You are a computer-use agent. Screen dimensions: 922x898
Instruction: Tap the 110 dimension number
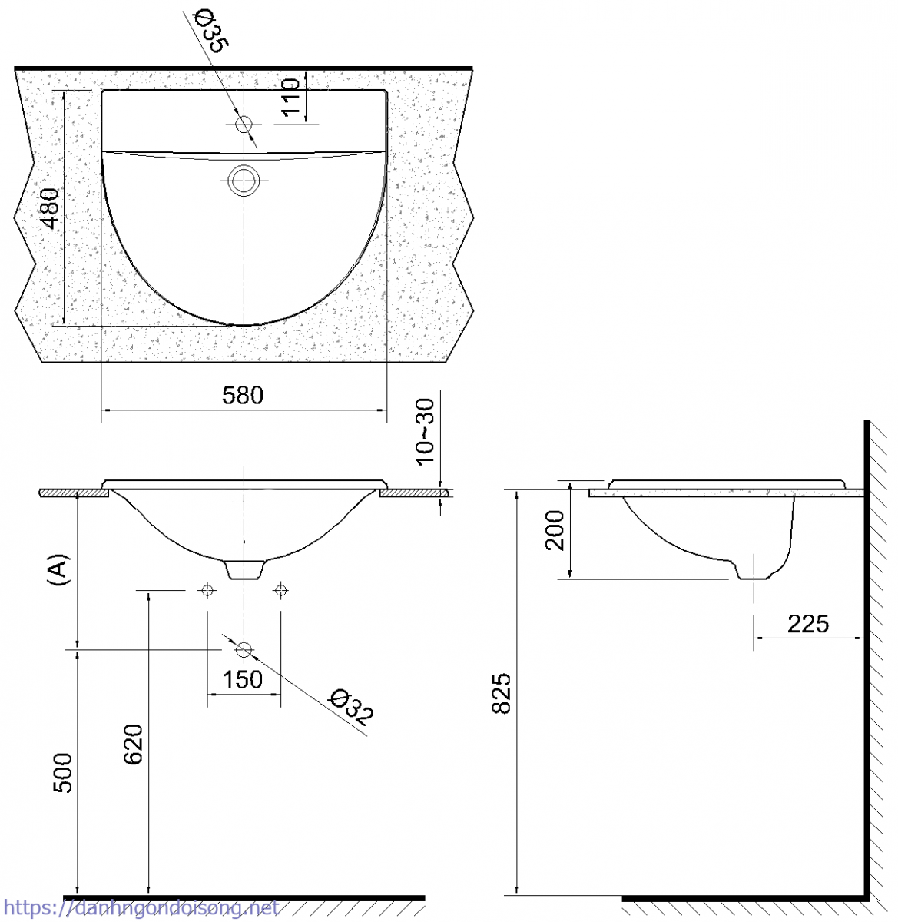pyautogui.click(x=290, y=97)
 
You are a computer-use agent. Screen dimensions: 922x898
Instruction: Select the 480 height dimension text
pyautogui.click(x=50, y=209)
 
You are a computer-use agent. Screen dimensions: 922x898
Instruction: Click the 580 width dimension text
pyautogui.click(x=243, y=395)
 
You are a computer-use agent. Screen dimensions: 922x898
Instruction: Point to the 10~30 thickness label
pyautogui.click(x=426, y=432)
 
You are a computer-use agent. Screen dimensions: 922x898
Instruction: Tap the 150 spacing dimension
pyautogui.click(x=243, y=679)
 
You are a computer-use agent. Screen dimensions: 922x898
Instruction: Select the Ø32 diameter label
pyautogui.click(x=350, y=708)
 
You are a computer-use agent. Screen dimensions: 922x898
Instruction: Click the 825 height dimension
pyautogui.click(x=501, y=693)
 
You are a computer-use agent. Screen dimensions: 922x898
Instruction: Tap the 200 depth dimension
pyautogui.click(x=555, y=530)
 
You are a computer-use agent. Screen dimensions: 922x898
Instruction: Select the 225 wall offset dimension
pyautogui.click(x=807, y=623)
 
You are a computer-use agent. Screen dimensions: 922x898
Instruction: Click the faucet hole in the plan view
pyautogui.click(x=244, y=124)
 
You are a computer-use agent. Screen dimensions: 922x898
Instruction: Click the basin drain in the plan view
pyautogui.click(x=244, y=181)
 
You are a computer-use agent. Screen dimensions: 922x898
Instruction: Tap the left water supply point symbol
pyautogui.click(x=207, y=590)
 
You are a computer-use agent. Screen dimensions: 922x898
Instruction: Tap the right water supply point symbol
pyautogui.click(x=280, y=590)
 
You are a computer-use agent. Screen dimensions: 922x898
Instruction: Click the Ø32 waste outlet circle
pyautogui.click(x=244, y=650)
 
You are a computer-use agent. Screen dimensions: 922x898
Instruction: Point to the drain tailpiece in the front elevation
pyautogui.click(x=244, y=569)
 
